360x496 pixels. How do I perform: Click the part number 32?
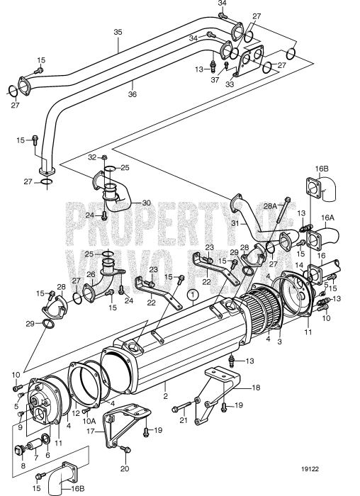coord(92,157)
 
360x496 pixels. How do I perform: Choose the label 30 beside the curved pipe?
coord(147,203)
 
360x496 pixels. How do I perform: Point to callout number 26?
coord(91,274)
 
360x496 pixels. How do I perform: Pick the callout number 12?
coord(76,412)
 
